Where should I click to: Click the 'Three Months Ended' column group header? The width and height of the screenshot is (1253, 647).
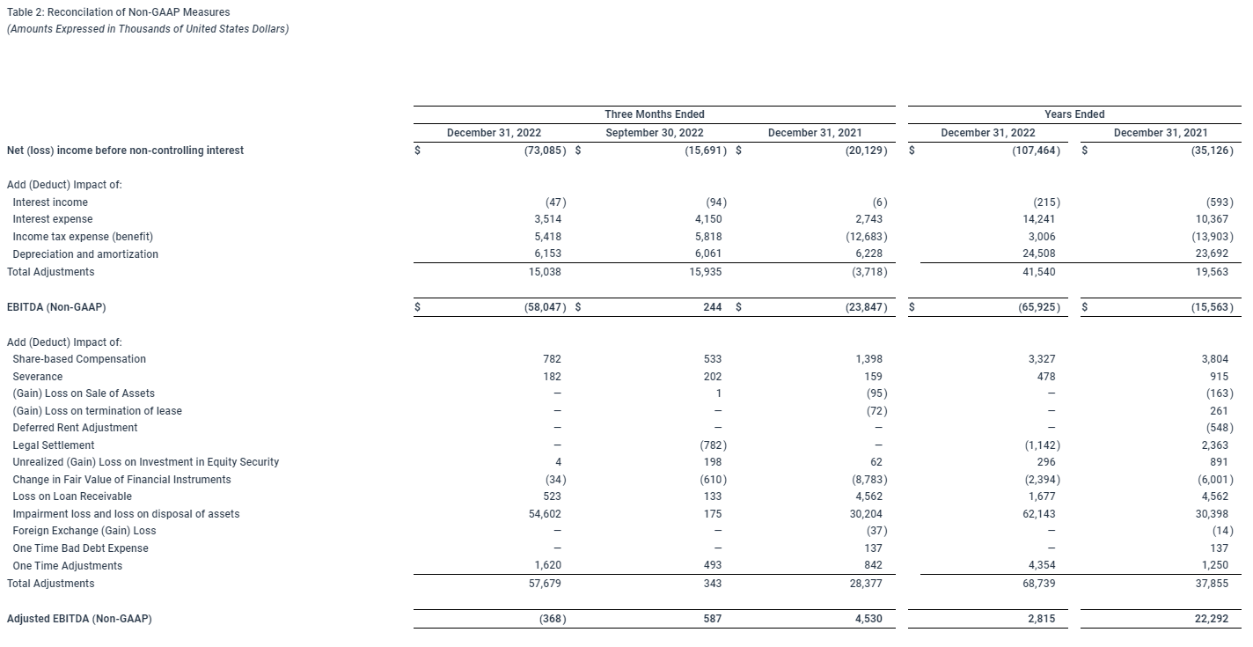pyautogui.click(x=654, y=114)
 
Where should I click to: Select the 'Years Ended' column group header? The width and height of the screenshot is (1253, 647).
pyautogui.click(x=1074, y=114)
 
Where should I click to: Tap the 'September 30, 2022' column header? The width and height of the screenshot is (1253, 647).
pyautogui.click(x=654, y=133)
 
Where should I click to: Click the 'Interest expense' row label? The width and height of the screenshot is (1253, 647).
pyautogui.click(x=52, y=219)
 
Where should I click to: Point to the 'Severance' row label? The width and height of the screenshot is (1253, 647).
pyautogui.click(x=37, y=377)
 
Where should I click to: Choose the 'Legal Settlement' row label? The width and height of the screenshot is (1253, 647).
pyautogui.click(x=53, y=445)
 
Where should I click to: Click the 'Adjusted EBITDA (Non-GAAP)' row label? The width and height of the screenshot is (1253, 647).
pyautogui.click(x=79, y=619)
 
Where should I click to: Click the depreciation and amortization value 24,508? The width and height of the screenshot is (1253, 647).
pyautogui.click(x=1040, y=254)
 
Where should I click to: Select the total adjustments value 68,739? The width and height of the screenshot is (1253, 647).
pyautogui.click(x=1040, y=584)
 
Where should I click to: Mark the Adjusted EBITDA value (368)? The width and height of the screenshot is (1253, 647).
pyautogui.click(x=553, y=619)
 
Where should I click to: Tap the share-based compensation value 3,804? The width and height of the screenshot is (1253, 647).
pyautogui.click(x=1216, y=359)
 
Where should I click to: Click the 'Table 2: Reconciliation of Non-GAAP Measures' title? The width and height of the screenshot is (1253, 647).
pyautogui.click(x=118, y=12)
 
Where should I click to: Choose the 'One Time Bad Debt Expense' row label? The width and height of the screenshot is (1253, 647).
pyautogui.click(x=80, y=548)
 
